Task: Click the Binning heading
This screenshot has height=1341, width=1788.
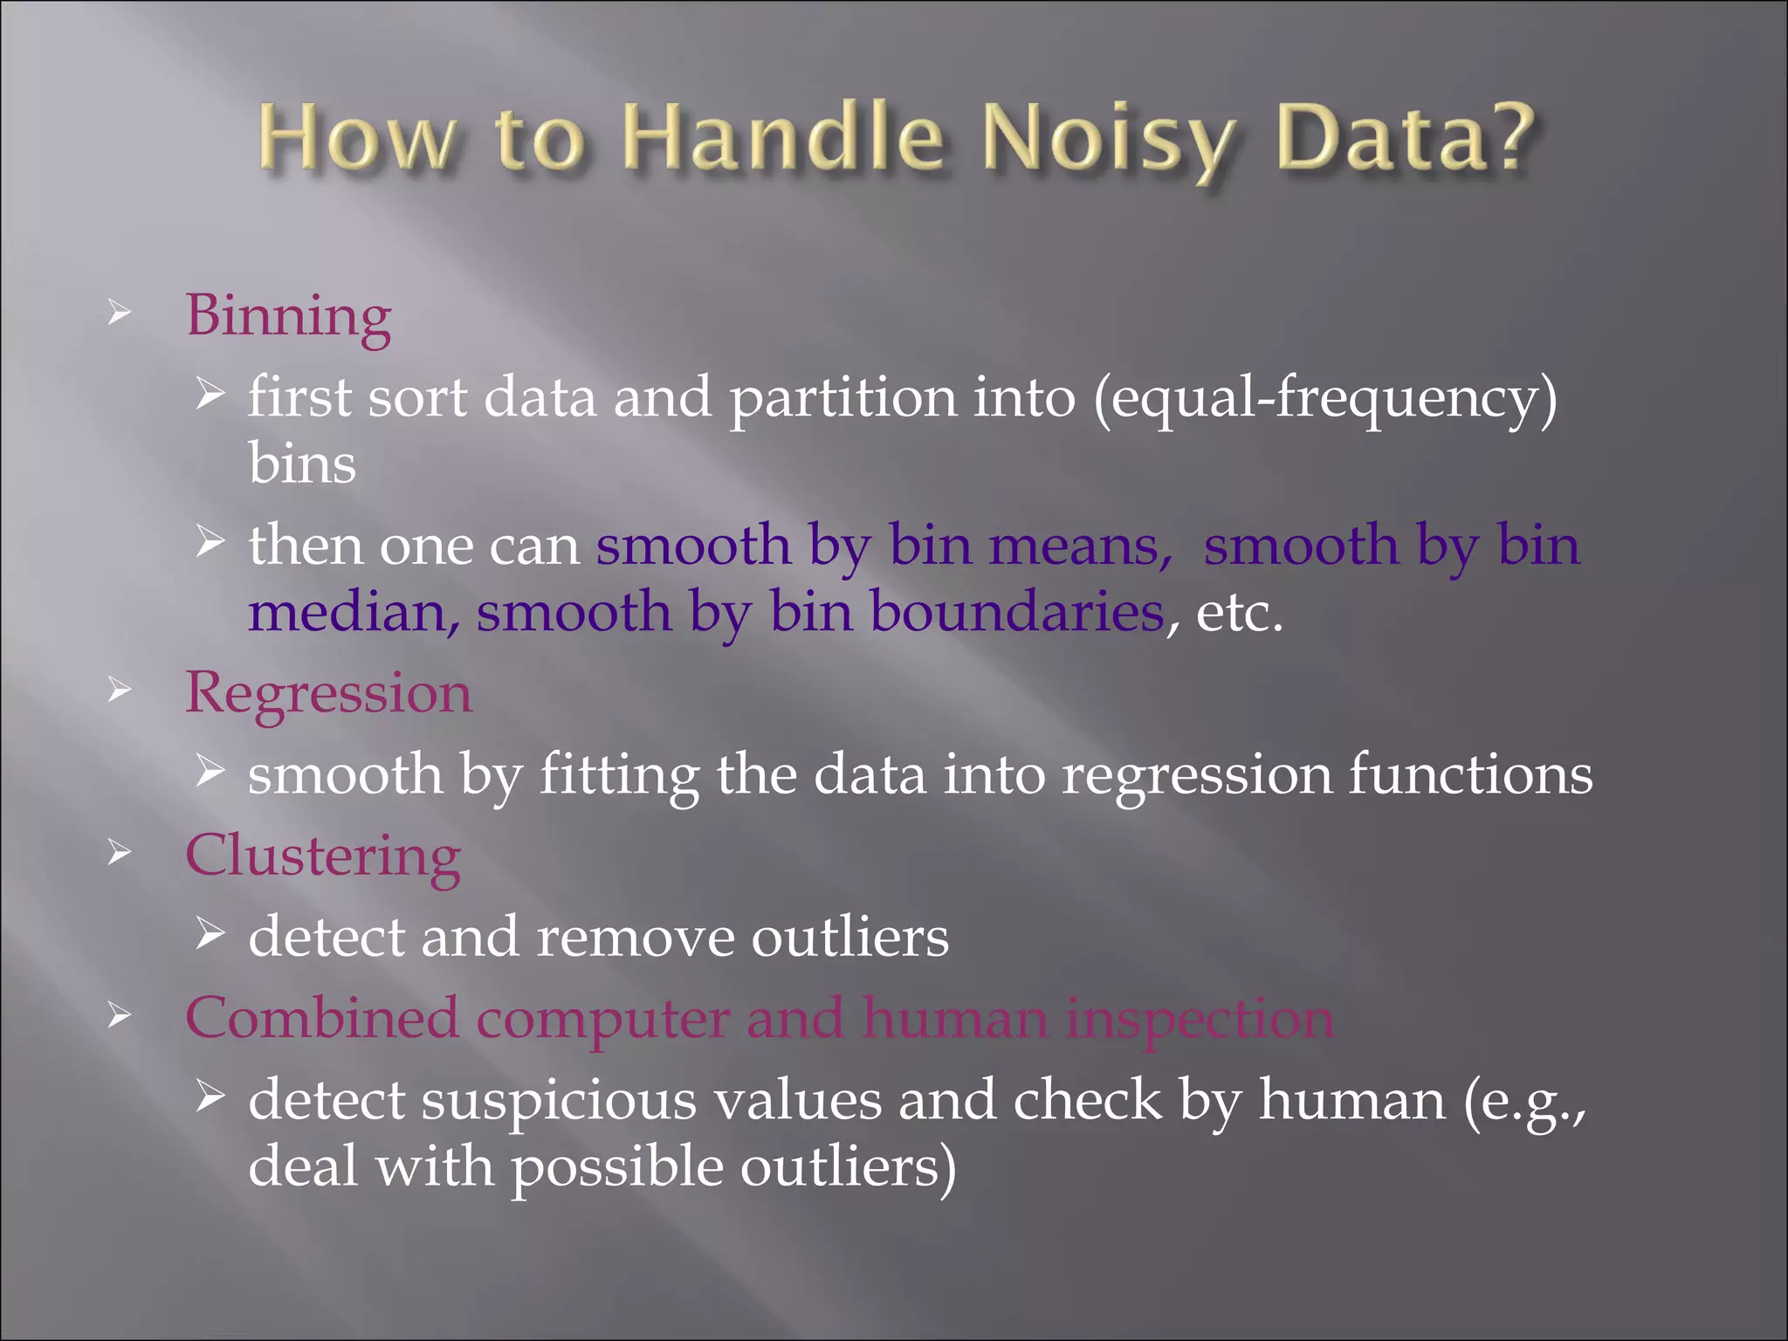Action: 288,316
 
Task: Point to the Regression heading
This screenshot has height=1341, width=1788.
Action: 328,694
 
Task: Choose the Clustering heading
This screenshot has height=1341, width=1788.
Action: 322,856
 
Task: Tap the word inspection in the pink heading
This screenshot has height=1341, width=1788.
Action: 1200,1019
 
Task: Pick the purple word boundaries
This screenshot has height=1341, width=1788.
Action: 1017,613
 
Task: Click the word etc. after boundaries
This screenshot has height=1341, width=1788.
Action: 1239,613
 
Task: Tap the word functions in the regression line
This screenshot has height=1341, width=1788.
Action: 1470,775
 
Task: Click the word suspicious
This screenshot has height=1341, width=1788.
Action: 559,1101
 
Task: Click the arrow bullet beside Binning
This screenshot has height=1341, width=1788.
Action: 120,313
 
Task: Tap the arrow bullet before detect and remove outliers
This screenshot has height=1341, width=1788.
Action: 210,934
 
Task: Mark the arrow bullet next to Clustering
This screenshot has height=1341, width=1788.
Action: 120,852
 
